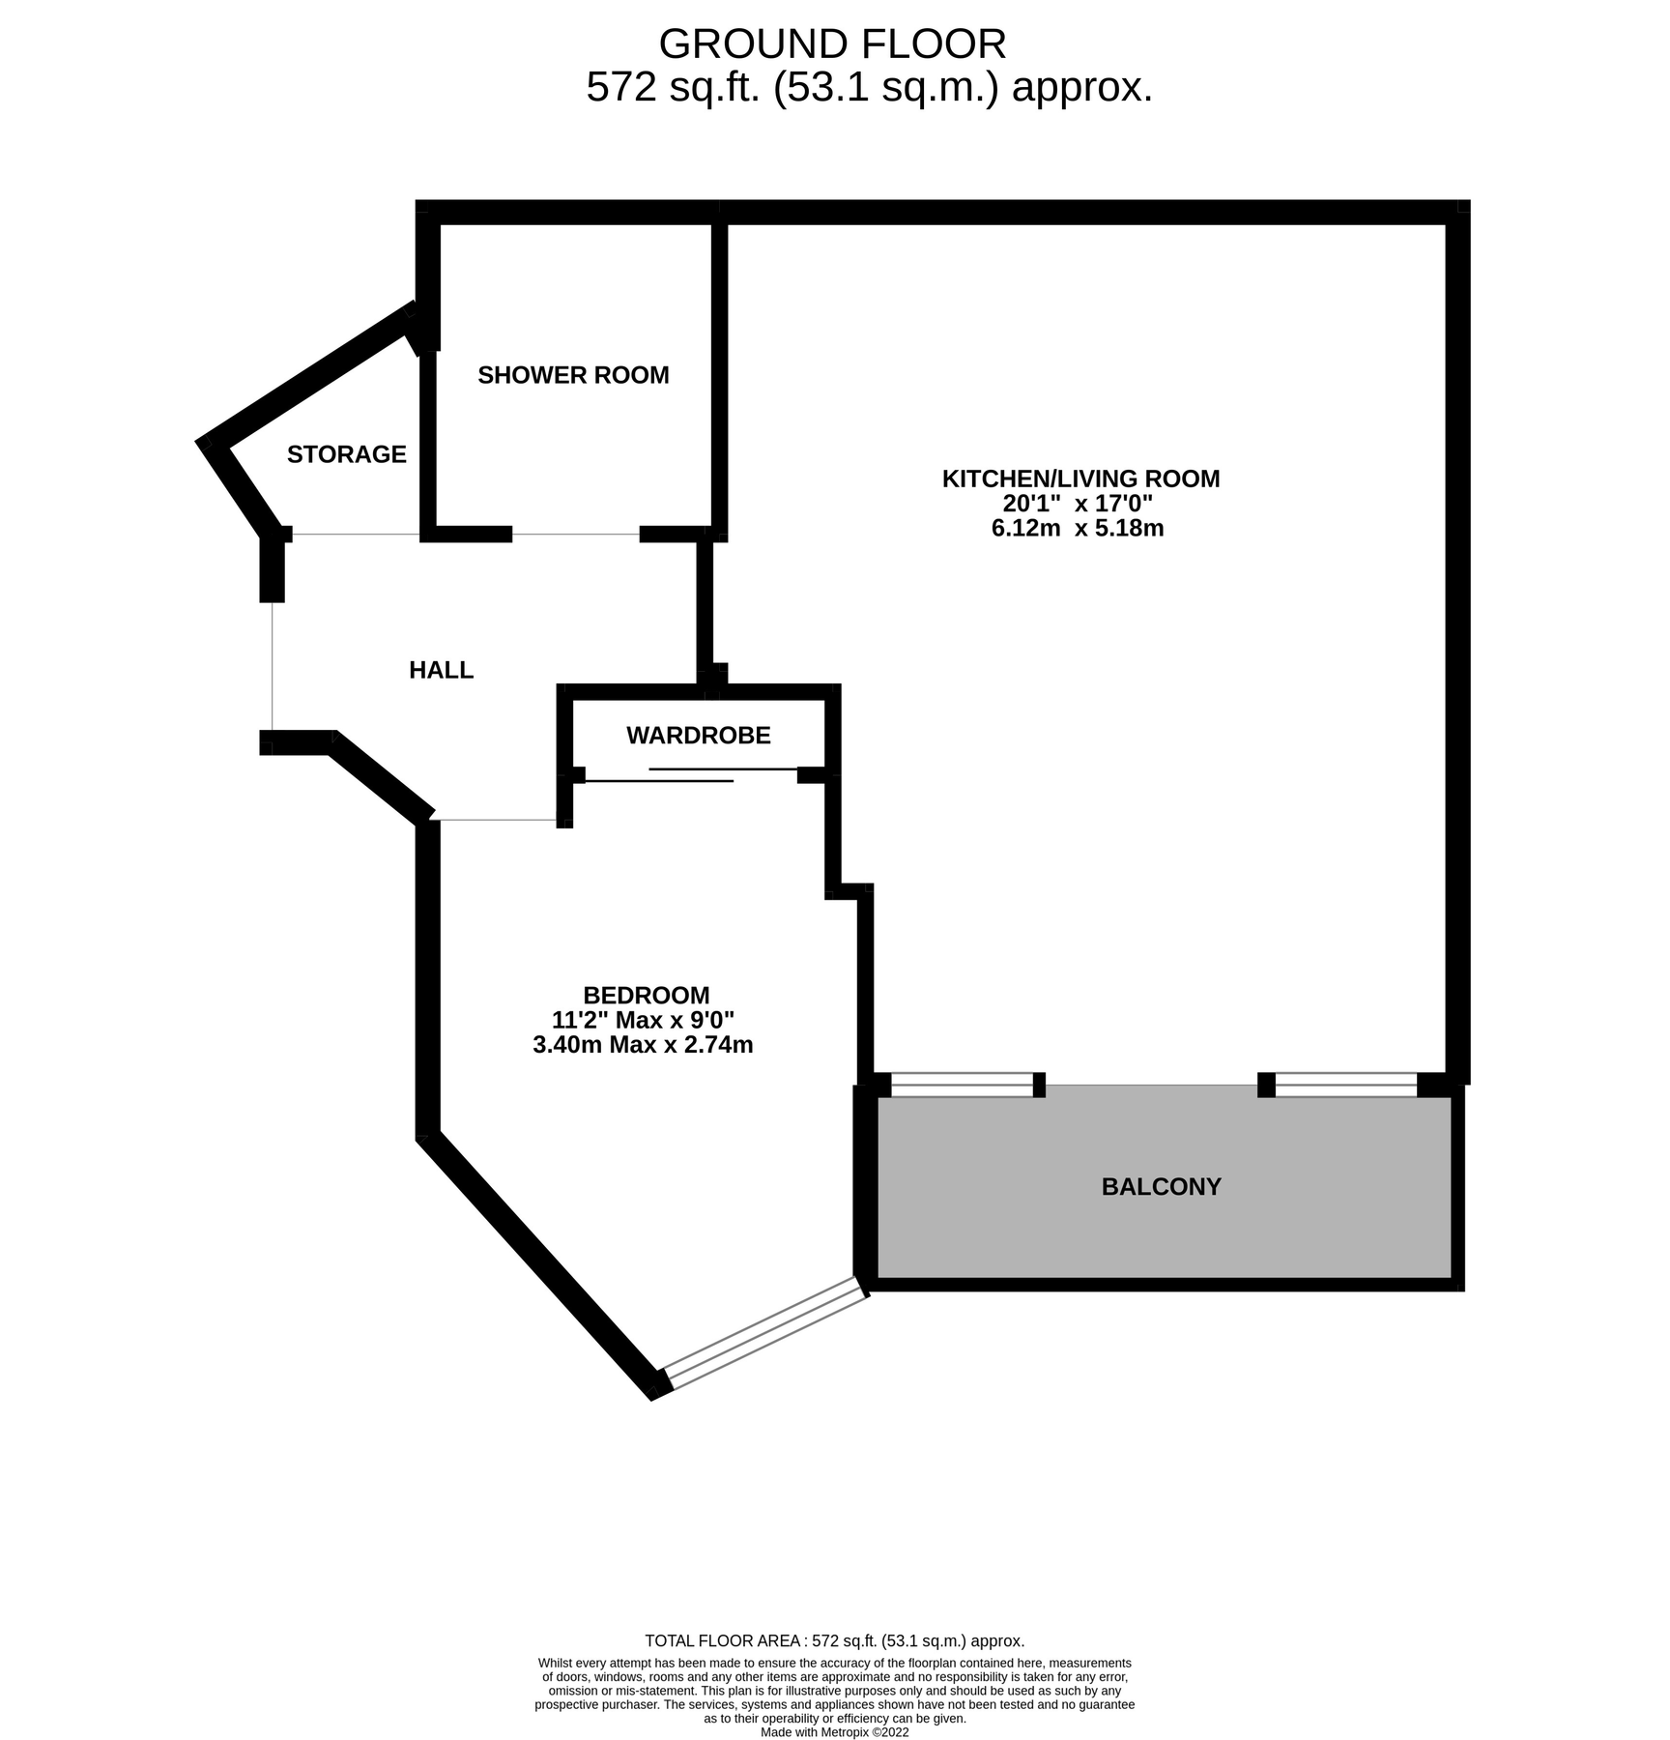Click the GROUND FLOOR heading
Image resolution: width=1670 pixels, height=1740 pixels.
tap(832, 44)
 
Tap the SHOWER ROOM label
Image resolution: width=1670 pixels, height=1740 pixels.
tap(573, 375)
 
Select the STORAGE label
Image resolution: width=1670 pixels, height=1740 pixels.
tap(346, 454)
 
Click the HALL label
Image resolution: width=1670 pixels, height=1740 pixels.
tap(441, 670)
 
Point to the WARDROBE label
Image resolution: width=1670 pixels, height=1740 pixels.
tap(698, 736)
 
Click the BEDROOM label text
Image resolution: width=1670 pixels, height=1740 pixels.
tap(646, 995)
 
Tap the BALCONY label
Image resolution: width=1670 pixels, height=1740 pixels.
tap(1161, 1186)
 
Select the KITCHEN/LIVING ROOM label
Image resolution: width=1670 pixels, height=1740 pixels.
tap(1080, 478)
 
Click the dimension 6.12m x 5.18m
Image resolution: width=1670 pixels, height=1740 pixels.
tap(1077, 529)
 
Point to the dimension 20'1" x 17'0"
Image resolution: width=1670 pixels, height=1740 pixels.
tap(1077, 504)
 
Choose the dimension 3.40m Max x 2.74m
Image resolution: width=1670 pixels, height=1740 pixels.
tap(643, 1045)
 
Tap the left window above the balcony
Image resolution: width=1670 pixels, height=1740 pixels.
tap(962, 1085)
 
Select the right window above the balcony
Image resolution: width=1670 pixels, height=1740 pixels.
tap(1345, 1085)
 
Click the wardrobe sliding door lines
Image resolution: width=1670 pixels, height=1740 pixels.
tap(691, 774)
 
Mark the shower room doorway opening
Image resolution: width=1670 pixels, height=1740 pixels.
tap(575, 534)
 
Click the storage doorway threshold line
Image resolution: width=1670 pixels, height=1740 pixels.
tap(356, 534)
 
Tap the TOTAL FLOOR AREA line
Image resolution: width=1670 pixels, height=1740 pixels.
tap(833, 1640)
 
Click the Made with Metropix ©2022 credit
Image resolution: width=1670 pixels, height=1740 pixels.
tap(833, 1732)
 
